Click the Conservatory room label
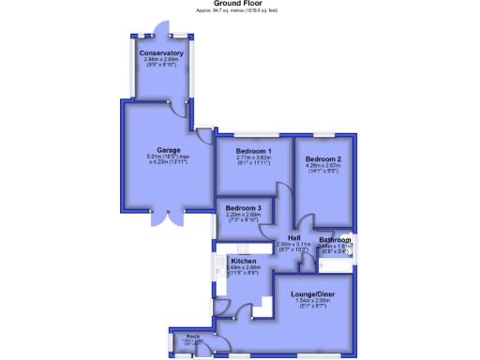click(161, 53)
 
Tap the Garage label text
click(169, 149)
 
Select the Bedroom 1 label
click(253, 151)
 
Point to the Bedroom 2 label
click(322, 159)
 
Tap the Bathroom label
click(335, 241)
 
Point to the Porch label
click(192, 336)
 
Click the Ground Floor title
click(240, 4)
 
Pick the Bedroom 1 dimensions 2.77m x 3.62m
click(253, 157)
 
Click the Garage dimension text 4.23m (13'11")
click(169, 162)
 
